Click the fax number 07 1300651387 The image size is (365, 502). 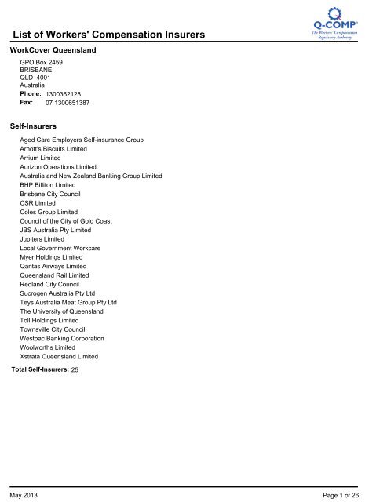(68, 103)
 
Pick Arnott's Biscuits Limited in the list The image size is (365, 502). (53, 149)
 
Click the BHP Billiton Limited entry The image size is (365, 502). (48, 185)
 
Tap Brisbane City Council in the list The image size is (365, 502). (50, 194)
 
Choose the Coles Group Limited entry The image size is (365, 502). (49, 212)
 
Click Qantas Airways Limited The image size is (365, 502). (53, 267)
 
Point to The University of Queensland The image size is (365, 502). (61, 311)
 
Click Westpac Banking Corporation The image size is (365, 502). (61, 339)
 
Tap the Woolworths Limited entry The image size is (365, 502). (48, 347)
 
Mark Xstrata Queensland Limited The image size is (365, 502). (59, 357)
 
